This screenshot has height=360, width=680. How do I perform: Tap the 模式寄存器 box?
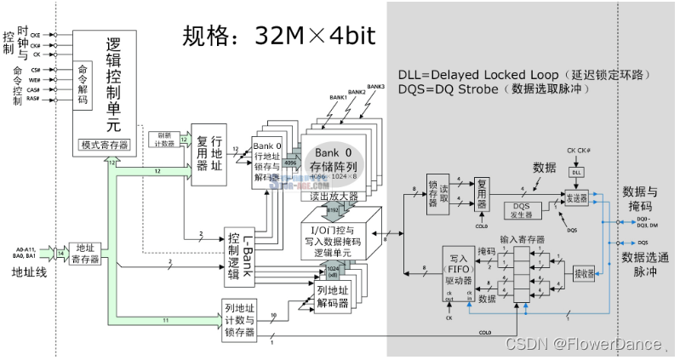[x=105, y=145]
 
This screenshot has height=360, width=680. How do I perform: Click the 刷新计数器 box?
[x=164, y=139]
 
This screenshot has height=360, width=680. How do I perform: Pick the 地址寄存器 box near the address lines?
[x=83, y=253]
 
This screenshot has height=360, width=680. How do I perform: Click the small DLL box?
[x=576, y=171]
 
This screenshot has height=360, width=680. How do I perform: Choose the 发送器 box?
[x=576, y=196]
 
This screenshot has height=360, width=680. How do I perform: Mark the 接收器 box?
[x=583, y=274]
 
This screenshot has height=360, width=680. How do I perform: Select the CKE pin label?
[x=36, y=35]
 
